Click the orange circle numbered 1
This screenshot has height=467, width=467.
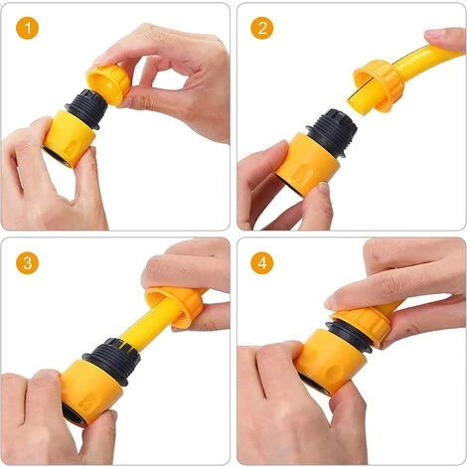pyautogui.click(x=27, y=28)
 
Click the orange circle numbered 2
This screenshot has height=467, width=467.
pyautogui.click(x=262, y=28)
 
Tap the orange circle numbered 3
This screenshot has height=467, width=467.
pyautogui.click(x=27, y=263)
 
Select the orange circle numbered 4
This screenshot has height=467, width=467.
pyautogui.click(x=262, y=263)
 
